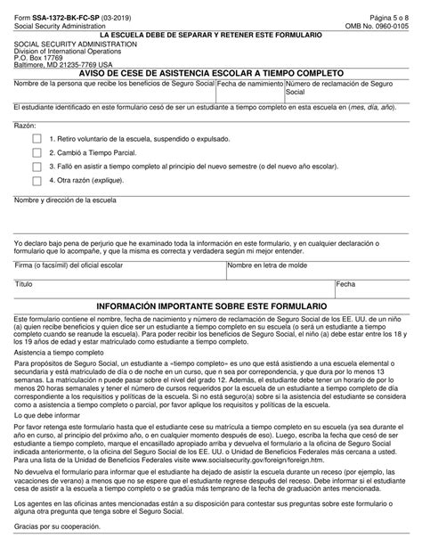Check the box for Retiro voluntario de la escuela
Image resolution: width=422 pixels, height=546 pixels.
(x=37, y=139)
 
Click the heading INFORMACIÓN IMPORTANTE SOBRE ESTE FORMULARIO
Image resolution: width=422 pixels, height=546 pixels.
(x=211, y=306)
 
